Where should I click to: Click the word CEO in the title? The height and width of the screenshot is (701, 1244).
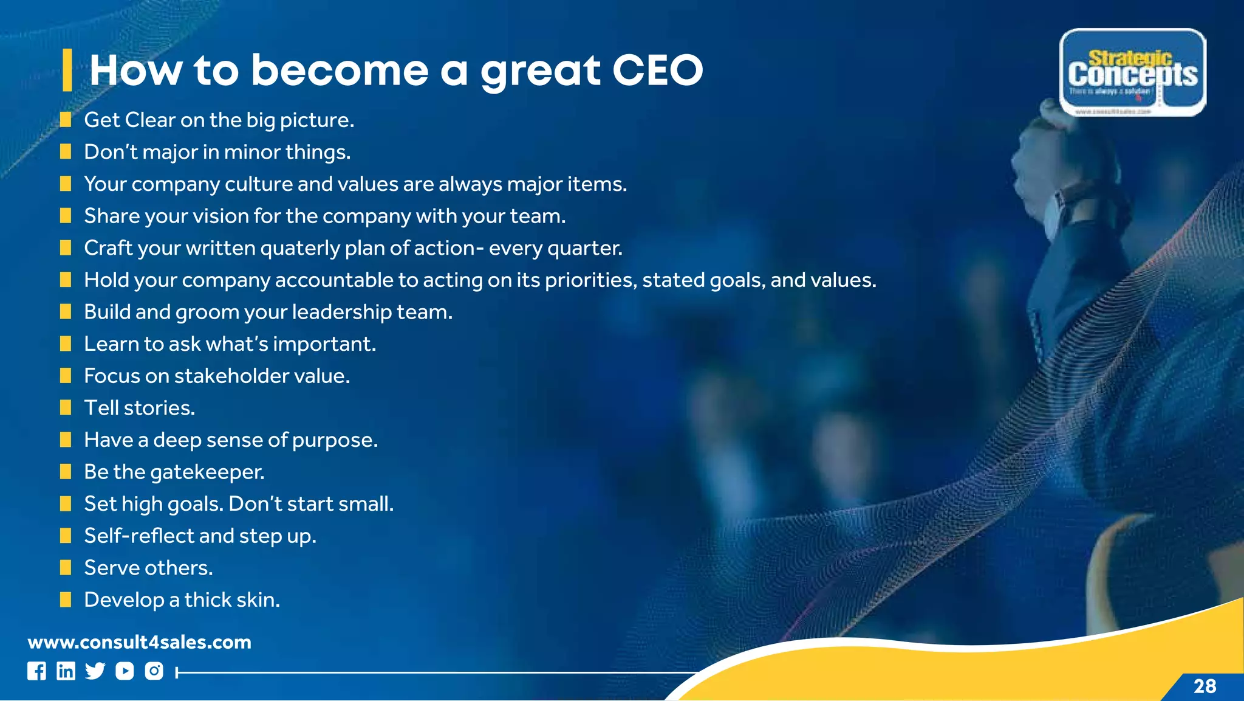click(x=657, y=71)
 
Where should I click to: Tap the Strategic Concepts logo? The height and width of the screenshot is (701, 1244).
click(x=1133, y=72)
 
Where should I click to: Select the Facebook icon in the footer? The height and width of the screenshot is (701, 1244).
click(x=36, y=671)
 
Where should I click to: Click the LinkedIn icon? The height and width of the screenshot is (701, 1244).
click(x=66, y=671)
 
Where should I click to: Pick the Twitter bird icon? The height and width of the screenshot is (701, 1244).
click(x=95, y=671)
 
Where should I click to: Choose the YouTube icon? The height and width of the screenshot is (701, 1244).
click(x=125, y=671)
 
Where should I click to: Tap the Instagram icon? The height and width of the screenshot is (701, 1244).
click(x=154, y=671)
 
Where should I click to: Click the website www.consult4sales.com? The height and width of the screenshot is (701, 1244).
click(x=139, y=642)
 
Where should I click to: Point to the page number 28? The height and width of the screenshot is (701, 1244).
click(x=1205, y=686)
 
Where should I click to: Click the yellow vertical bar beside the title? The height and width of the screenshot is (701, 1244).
click(x=67, y=71)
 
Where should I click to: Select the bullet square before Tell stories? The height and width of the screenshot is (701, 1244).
click(x=66, y=407)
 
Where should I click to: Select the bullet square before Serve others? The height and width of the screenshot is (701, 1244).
click(x=66, y=567)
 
